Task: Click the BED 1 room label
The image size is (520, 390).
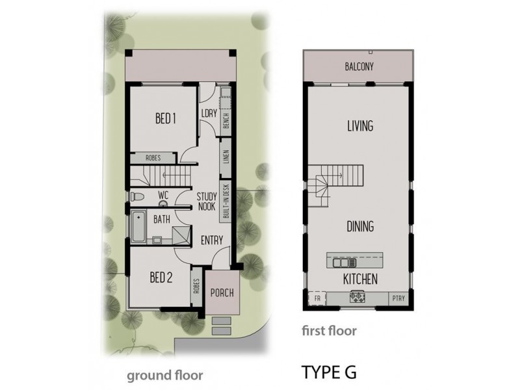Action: tap(165, 119)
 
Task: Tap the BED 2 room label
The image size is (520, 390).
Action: tap(161, 278)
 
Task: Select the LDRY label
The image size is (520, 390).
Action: tap(209, 114)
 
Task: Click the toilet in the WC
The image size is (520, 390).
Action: tap(136, 196)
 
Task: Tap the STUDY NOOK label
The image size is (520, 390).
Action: tap(207, 201)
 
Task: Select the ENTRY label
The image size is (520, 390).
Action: tap(212, 240)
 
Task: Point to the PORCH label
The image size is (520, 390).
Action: tap(220, 293)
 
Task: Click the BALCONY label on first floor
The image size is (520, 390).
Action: tap(359, 66)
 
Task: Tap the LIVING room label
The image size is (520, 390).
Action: tap(359, 126)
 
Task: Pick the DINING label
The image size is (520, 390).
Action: tap(359, 227)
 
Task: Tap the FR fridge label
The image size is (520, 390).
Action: tap(318, 298)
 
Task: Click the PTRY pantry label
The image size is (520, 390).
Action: tap(398, 298)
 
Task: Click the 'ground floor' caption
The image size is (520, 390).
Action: tap(164, 375)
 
